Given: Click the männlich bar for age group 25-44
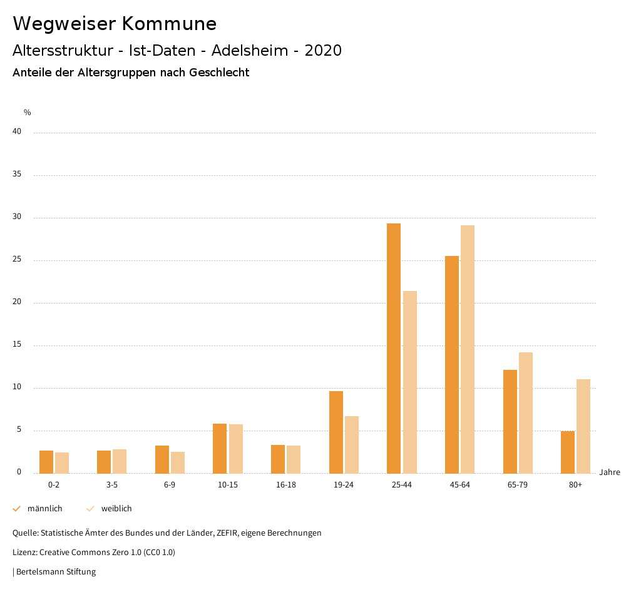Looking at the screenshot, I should click(x=394, y=348).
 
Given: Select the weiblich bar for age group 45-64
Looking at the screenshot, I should click(x=468, y=349).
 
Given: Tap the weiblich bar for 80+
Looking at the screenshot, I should click(x=583, y=426).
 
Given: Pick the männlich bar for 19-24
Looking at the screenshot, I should click(x=336, y=432).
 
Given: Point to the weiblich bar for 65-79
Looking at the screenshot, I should click(x=526, y=413).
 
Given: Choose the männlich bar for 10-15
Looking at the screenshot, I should click(x=220, y=448).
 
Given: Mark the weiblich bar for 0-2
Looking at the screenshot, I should click(x=62, y=462).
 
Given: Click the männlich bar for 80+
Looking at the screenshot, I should click(x=568, y=452).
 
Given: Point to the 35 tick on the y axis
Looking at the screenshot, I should click(x=17, y=175).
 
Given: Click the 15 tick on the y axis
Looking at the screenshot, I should click(x=17, y=345).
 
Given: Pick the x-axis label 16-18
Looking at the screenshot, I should click(x=286, y=485).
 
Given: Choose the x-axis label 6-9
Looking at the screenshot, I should click(x=170, y=485).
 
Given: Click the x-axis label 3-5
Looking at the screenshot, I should click(x=112, y=485).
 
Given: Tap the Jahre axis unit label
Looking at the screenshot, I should click(x=609, y=472).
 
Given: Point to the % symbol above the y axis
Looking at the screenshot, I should click(x=28, y=113).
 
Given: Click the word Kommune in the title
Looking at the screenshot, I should click(x=169, y=24).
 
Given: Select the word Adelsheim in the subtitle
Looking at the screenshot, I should click(x=249, y=51).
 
